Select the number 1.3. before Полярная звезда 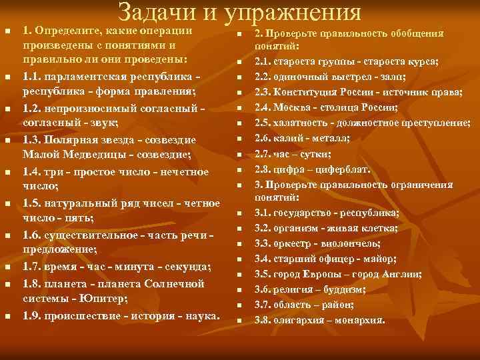click(33, 140)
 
